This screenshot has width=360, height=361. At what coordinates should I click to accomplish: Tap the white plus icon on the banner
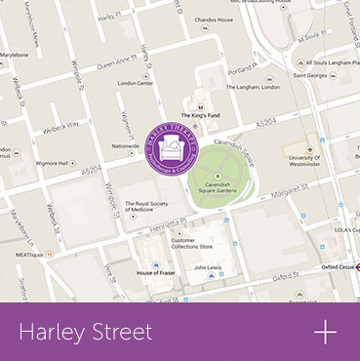coord(325,332)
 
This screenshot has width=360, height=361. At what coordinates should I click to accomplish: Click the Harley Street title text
coord(86,333)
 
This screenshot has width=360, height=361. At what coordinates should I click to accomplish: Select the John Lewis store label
coord(210,266)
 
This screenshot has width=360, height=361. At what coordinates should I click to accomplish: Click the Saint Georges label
coord(310,75)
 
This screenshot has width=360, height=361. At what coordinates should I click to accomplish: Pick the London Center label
coord(136,83)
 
